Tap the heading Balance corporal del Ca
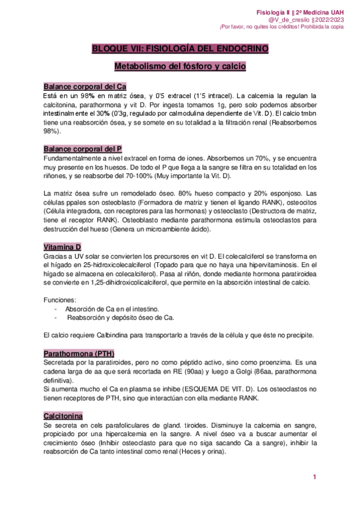tap(85, 87)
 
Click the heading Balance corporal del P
tap(83, 149)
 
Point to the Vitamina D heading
tap(63, 247)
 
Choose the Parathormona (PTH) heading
tap(79, 353)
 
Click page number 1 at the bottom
tap(314, 477)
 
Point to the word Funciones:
tap(60, 299)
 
